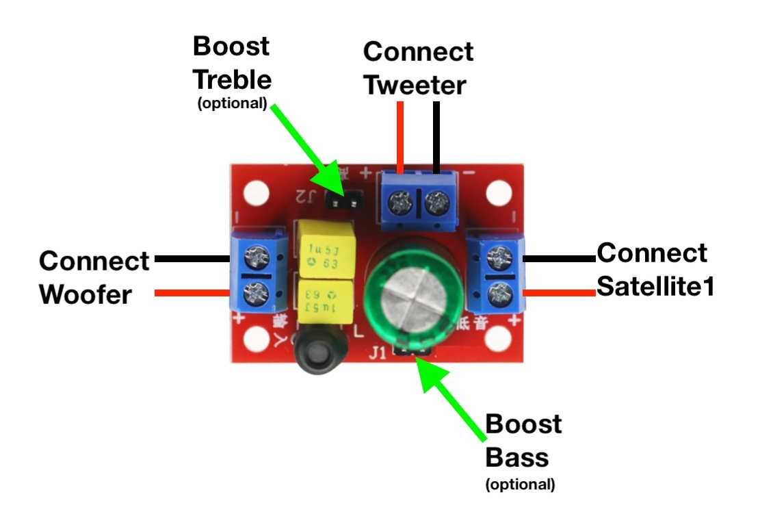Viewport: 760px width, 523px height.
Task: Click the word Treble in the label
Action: (x=232, y=79)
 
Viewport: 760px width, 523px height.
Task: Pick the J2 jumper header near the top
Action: (x=345, y=201)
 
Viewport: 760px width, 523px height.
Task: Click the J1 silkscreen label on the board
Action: (x=377, y=353)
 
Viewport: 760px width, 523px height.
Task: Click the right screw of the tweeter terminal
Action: (x=436, y=203)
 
